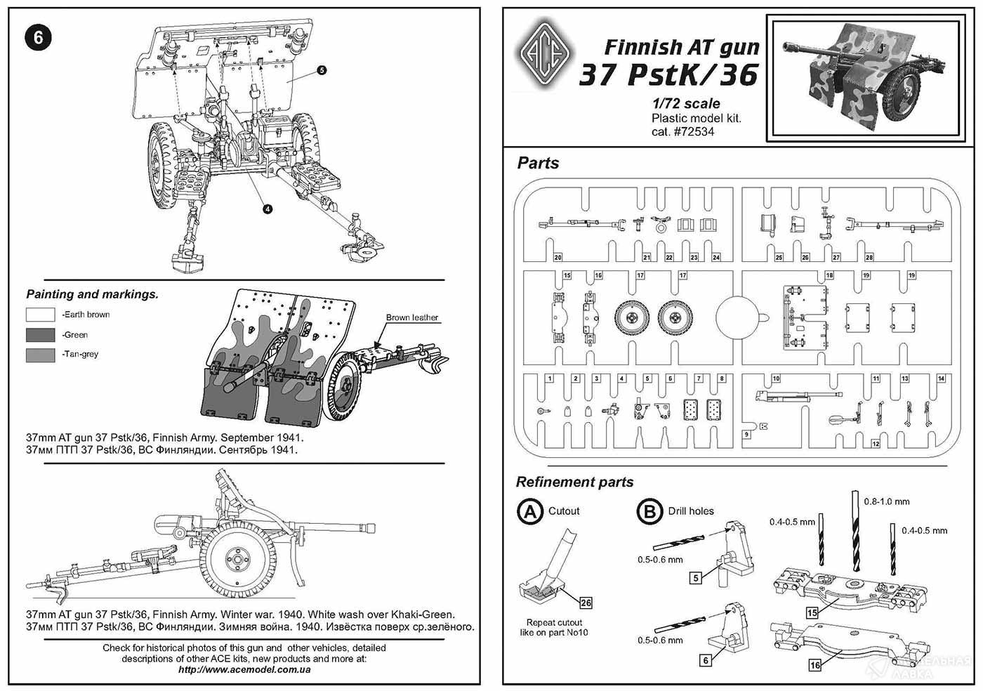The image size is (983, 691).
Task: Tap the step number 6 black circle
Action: pos(39,37)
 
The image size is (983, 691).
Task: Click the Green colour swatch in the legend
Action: pos(40,335)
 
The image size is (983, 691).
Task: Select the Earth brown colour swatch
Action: pos(40,315)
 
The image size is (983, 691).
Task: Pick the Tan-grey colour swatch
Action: pos(40,355)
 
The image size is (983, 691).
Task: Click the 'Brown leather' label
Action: pos(411,317)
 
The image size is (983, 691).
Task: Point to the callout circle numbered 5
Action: pos(321,70)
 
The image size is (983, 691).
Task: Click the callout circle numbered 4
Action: pos(268,208)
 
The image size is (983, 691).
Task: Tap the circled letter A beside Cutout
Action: pos(529,511)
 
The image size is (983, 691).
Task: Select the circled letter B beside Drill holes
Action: pos(649,511)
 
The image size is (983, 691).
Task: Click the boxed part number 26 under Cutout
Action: pos(586,603)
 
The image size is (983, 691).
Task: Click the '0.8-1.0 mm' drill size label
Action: pos(887,501)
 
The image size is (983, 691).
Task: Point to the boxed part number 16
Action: pos(814,665)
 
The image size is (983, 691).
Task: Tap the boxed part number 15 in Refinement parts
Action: pos(812,612)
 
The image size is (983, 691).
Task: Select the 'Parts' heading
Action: pos(538,163)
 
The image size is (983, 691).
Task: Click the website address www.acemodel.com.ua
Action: pos(244,669)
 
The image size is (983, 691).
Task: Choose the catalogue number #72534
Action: pos(682,131)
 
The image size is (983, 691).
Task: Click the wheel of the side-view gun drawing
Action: pos(237,559)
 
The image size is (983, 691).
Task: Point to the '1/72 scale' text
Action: pos(685,104)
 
